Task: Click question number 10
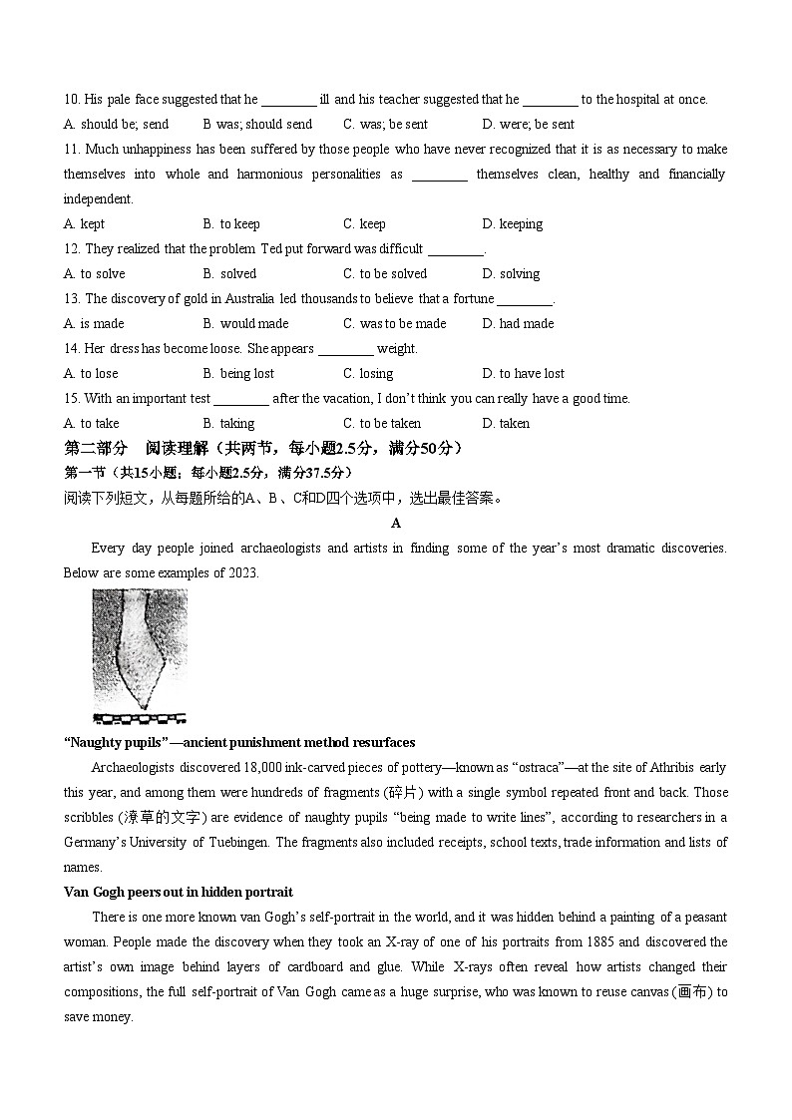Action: point(72,100)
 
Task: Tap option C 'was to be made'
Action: point(394,324)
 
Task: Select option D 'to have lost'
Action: point(523,374)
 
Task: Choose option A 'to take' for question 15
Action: point(91,424)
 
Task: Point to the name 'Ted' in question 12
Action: point(272,249)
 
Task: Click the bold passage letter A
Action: point(396,523)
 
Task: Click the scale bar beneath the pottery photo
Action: point(139,717)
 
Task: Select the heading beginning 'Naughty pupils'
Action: point(239,743)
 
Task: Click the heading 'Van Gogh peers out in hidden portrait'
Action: point(179,893)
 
